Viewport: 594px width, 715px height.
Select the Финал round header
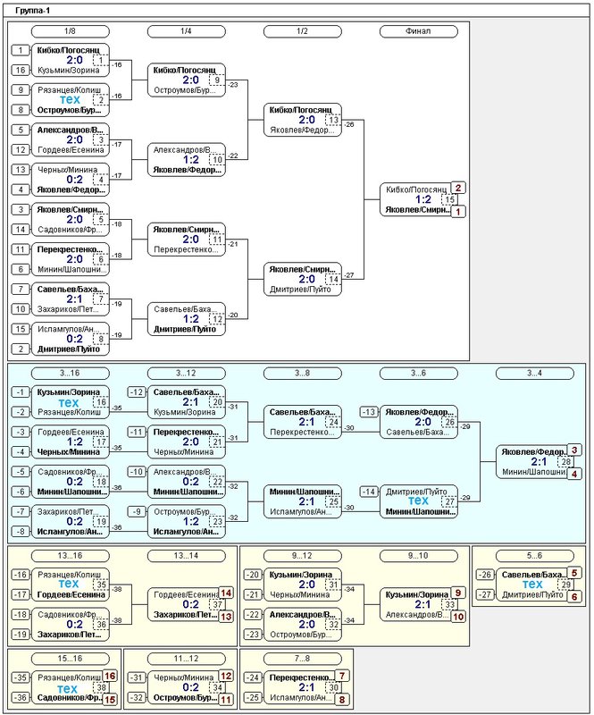point(416,31)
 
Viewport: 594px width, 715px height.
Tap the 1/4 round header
point(186,31)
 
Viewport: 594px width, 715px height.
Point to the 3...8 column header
point(301,372)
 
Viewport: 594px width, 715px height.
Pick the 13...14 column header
point(186,556)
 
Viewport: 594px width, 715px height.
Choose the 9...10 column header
point(417,556)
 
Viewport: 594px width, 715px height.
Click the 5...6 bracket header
point(534,556)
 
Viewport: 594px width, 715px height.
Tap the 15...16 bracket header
point(70,659)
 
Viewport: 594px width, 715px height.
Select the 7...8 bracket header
point(301,659)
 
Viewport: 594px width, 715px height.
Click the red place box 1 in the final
point(458,212)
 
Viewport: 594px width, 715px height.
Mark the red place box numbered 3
point(574,450)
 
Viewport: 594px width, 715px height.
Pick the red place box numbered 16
point(111,677)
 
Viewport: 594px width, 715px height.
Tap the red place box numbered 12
point(226,677)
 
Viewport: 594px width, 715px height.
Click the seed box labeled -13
point(369,411)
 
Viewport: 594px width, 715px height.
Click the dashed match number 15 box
point(449,200)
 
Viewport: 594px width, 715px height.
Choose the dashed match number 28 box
point(565,462)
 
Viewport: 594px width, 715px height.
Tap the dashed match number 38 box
point(100,688)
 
